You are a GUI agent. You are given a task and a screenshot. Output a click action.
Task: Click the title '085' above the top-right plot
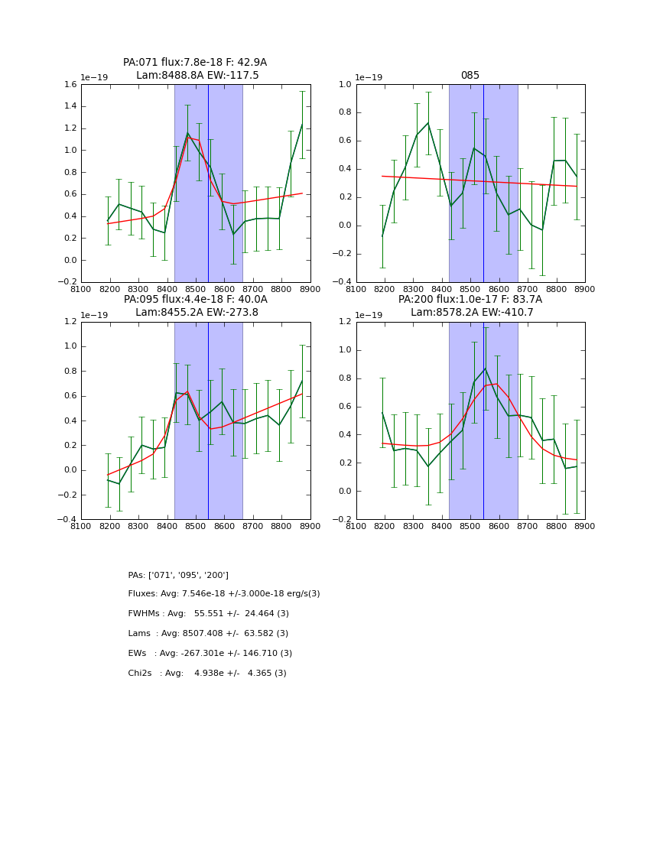(470, 76)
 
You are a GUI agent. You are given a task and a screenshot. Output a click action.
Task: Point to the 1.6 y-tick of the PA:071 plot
(70, 85)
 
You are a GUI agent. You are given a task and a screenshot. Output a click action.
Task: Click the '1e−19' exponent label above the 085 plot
(369, 77)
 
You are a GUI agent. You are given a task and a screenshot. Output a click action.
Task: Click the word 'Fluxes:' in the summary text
(143, 594)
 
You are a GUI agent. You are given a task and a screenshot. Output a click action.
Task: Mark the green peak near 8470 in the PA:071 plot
(187, 133)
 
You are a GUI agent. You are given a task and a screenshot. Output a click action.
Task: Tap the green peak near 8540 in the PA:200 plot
(485, 369)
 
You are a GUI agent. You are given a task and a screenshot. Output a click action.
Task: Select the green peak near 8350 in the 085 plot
(428, 123)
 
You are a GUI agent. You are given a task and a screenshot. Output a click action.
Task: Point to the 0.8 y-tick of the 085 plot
(346, 112)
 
